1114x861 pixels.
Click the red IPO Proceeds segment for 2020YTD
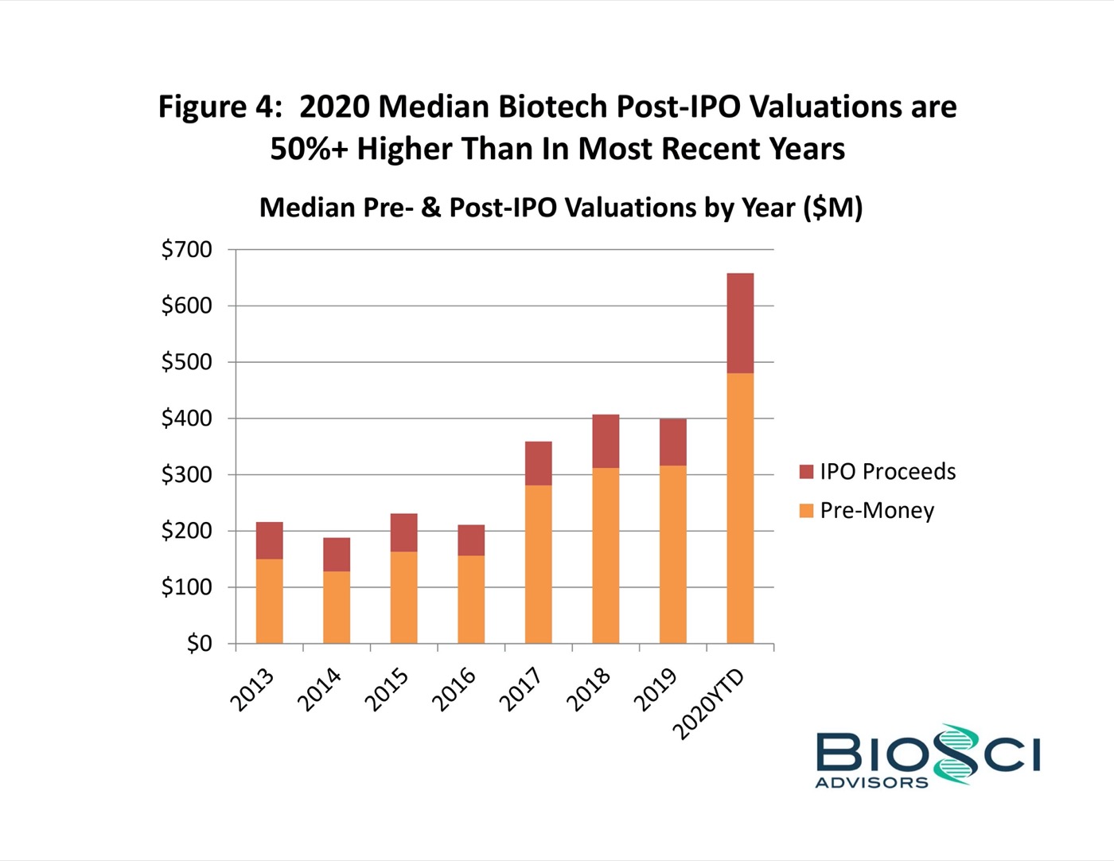coord(740,323)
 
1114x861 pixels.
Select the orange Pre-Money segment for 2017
coord(539,564)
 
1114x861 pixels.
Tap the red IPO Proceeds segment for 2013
coord(270,540)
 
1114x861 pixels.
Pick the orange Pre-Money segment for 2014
coord(337,607)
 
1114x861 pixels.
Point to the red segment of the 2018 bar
coord(606,441)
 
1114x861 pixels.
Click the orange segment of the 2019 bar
coord(673,554)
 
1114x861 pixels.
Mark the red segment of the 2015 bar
coord(403,532)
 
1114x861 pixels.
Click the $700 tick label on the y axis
coord(187,250)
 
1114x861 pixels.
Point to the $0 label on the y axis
coord(200,643)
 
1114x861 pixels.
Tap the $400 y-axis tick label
coord(187,419)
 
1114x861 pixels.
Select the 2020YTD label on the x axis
coord(708,704)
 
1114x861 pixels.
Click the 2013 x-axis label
coord(252,689)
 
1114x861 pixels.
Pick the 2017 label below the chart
coord(521,689)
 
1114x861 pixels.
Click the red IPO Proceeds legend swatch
coord(806,472)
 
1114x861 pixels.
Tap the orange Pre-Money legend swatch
coord(806,511)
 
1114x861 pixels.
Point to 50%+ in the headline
coord(309,149)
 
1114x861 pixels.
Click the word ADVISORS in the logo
coord(871,782)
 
